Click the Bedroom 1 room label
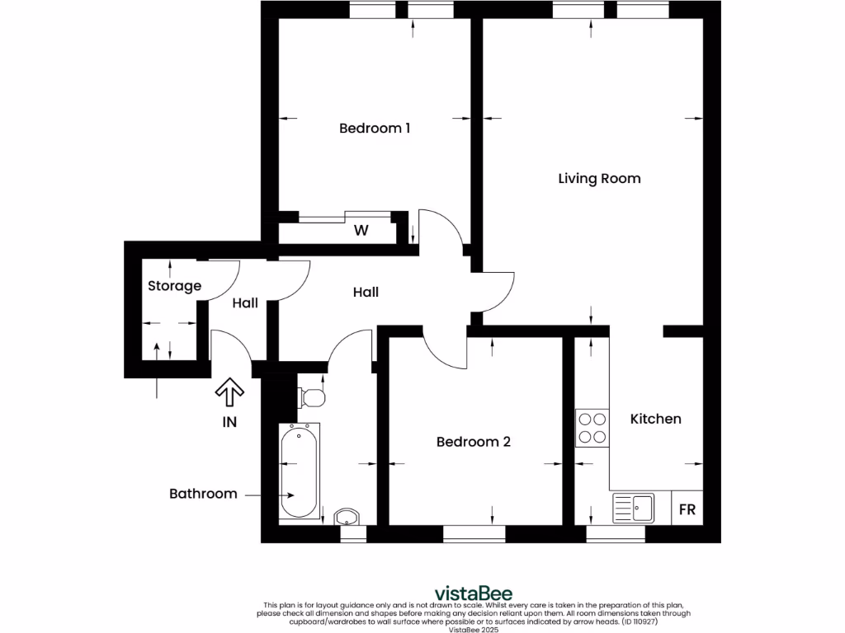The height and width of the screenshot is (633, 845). click(x=375, y=129)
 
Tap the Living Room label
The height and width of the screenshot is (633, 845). click(x=599, y=178)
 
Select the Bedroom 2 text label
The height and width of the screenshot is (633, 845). click(x=473, y=442)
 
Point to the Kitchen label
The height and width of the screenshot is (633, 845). click(x=655, y=419)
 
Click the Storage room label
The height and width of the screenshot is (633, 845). click(x=174, y=286)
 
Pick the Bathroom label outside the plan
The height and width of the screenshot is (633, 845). click(x=203, y=494)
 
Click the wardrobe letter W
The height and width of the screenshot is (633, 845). click(x=361, y=231)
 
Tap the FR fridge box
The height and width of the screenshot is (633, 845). click(x=687, y=509)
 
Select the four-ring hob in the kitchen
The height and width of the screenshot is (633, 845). click(x=592, y=428)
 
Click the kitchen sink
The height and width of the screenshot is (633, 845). click(x=634, y=508)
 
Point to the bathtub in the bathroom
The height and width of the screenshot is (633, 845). click(x=298, y=472)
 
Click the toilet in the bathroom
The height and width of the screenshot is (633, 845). click(x=311, y=396)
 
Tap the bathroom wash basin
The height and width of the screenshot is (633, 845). click(x=347, y=517)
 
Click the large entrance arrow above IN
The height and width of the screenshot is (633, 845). click(x=229, y=393)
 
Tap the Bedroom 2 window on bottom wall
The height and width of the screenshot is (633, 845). click(x=474, y=535)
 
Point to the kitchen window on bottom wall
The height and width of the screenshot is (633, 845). click(x=615, y=535)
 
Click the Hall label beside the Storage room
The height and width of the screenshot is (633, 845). click(x=244, y=303)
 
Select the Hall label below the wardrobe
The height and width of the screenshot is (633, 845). click(x=366, y=292)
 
